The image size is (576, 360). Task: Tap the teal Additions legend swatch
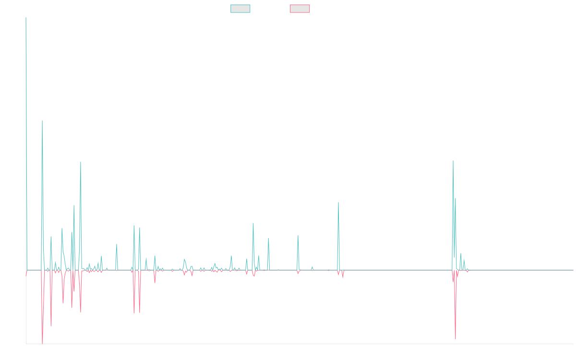[x=240, y=9]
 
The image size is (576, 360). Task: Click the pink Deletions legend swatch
[x=300, y=9]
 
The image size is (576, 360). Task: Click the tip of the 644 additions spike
[x=42, y=121]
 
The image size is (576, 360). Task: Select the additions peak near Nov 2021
[x=338, y=203]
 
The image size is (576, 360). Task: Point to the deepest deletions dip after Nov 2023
[x=455, y=339]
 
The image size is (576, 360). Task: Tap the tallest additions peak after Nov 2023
[x=453, y=161]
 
